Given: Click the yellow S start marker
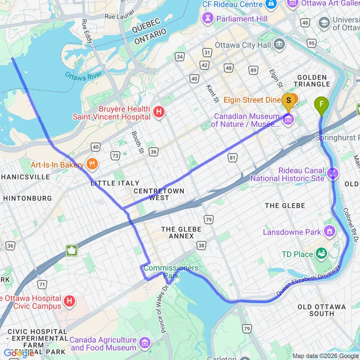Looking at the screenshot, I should click(288, 100).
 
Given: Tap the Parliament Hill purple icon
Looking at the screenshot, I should click(208, 19).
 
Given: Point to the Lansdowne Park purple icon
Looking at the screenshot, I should click(329, 232).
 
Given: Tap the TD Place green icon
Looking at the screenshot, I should click(322, 254).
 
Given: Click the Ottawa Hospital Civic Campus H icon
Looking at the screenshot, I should click(70, 301).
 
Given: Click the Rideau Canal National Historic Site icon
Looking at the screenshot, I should click(333, 171).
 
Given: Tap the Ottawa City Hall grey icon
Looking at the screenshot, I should click(279, 45).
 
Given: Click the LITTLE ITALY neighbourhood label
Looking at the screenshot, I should click(115, 183).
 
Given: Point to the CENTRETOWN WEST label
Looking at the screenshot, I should click(159, 194).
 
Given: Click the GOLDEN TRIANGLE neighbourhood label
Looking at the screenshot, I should click(312, 81).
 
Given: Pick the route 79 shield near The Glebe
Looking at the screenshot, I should click(208, 219).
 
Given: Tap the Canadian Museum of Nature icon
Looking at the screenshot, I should click(288, 120).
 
